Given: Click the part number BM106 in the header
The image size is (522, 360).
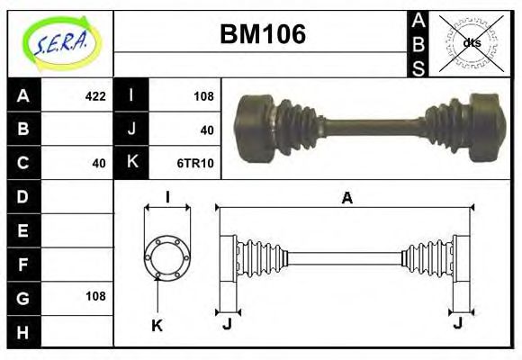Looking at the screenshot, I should point(263,35).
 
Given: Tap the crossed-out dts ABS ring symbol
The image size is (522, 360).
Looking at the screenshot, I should point(471,42).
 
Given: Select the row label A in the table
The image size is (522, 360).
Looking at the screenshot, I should point(23,96).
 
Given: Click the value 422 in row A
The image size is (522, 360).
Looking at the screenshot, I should point(94,96).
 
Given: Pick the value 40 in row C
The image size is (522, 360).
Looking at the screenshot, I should point(99,163).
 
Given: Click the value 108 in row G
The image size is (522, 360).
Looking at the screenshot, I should point(94,296).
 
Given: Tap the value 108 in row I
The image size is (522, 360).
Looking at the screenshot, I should point(202,96).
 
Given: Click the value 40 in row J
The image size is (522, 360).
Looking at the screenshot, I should point(207,130).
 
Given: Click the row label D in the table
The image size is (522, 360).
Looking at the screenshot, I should point(23,196).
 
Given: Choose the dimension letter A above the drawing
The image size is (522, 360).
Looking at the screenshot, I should point(346,199).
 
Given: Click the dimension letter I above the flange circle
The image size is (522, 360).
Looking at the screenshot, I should point(167,197).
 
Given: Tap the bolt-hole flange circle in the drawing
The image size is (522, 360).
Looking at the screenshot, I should point(167,257).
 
